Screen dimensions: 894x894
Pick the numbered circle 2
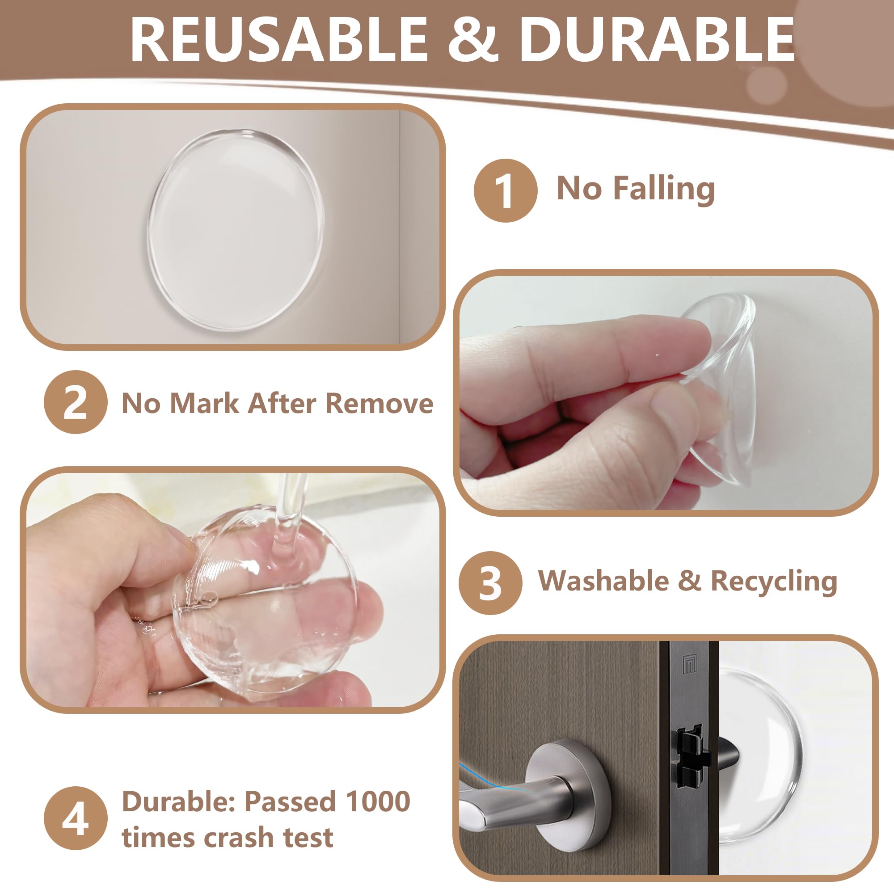(76, 402)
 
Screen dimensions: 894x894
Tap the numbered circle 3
(490, 583)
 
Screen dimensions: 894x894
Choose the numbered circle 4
(76, 818)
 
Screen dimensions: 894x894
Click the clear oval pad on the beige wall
(235, 230)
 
